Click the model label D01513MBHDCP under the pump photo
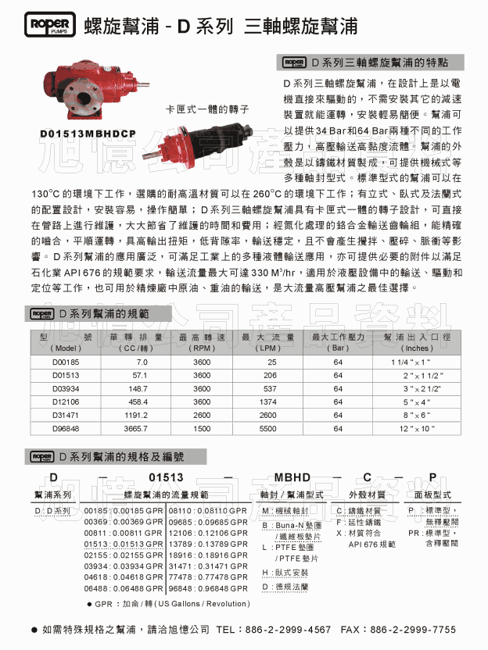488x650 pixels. click(88, 134)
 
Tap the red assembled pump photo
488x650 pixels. click(96, 85)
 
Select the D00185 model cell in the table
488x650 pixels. click(66, 363)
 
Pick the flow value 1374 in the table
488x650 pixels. click(268, 402)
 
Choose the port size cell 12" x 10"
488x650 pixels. click(418, 429)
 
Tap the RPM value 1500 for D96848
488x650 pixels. click(202, 429)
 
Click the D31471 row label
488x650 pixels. click(66, 416)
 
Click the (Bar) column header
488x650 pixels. click(339, 348)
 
